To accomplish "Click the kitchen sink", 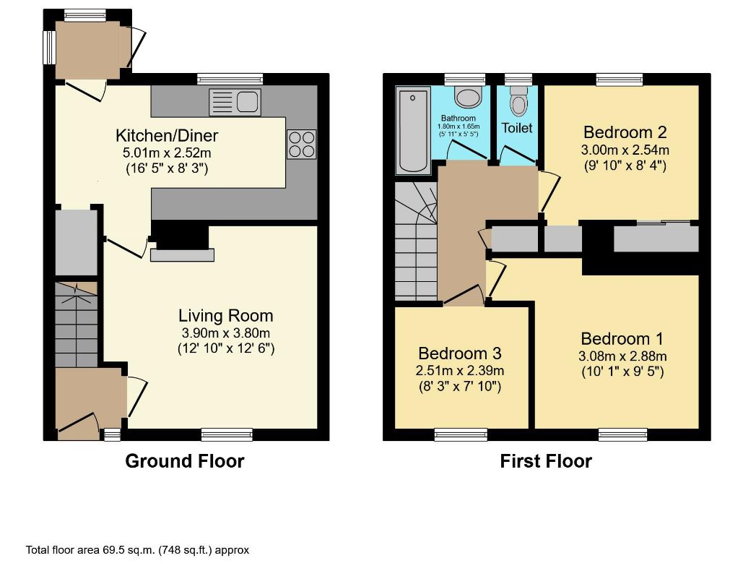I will coord(235,102).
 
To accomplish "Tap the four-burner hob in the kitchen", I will coord(301,143).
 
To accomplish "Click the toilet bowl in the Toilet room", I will coord(518,103).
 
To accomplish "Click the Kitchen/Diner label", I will coord(167,136).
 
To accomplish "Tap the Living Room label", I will coord(226,315).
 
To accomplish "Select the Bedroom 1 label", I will coord(622,339).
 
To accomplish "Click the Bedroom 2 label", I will coord(625,132).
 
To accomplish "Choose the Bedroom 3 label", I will coord(459,353).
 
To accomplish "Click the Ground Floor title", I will coord(185,461).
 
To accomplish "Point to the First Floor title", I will coord(546,461).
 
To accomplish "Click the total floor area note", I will coord(137,550).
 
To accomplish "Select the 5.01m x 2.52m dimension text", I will coord(167,153).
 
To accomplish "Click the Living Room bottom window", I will coord(227,434).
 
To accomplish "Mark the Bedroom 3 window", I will coord(460,434).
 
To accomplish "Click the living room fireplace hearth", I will coord(182,254).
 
